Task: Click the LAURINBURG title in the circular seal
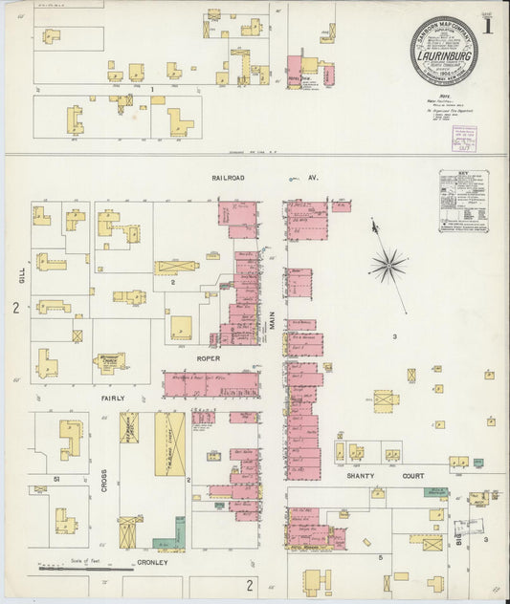tap(442, 56)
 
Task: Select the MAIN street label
tap(271, 325)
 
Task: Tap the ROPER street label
tap(208, 358)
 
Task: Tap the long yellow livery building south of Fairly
tap(169, 443)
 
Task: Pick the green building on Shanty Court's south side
tap(436, 493)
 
